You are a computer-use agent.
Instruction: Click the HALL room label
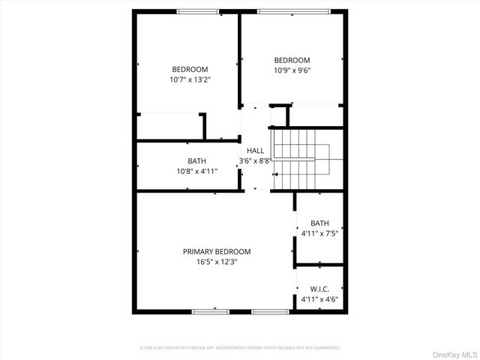tap(255, 151)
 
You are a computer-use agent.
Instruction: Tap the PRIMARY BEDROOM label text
tap(217, 252)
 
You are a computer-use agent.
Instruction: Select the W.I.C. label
tap(319, 289)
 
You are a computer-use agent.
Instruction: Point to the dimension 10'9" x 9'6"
tap(292, 70)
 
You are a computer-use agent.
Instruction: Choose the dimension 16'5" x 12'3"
tap(217, 262)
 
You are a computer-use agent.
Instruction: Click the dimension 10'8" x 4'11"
tap(197, 171)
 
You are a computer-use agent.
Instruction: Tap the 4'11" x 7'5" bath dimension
tap(319, 233)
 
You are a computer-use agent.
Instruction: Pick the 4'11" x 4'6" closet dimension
tap(319, 299)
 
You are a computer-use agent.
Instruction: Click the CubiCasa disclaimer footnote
tap(240, 348)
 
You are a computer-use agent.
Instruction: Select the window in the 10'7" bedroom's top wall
tap(198, 11)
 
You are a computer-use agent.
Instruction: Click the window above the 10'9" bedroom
tap(293, 11)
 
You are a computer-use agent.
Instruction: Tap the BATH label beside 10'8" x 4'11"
tap(197, 160)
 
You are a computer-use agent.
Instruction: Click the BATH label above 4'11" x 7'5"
tap(319, 223)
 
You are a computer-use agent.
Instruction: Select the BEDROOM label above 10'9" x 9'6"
tap(292, 61)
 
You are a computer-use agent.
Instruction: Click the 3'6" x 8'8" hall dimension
tap(255, 160)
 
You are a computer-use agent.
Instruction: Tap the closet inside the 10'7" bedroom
tap(170, 126)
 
